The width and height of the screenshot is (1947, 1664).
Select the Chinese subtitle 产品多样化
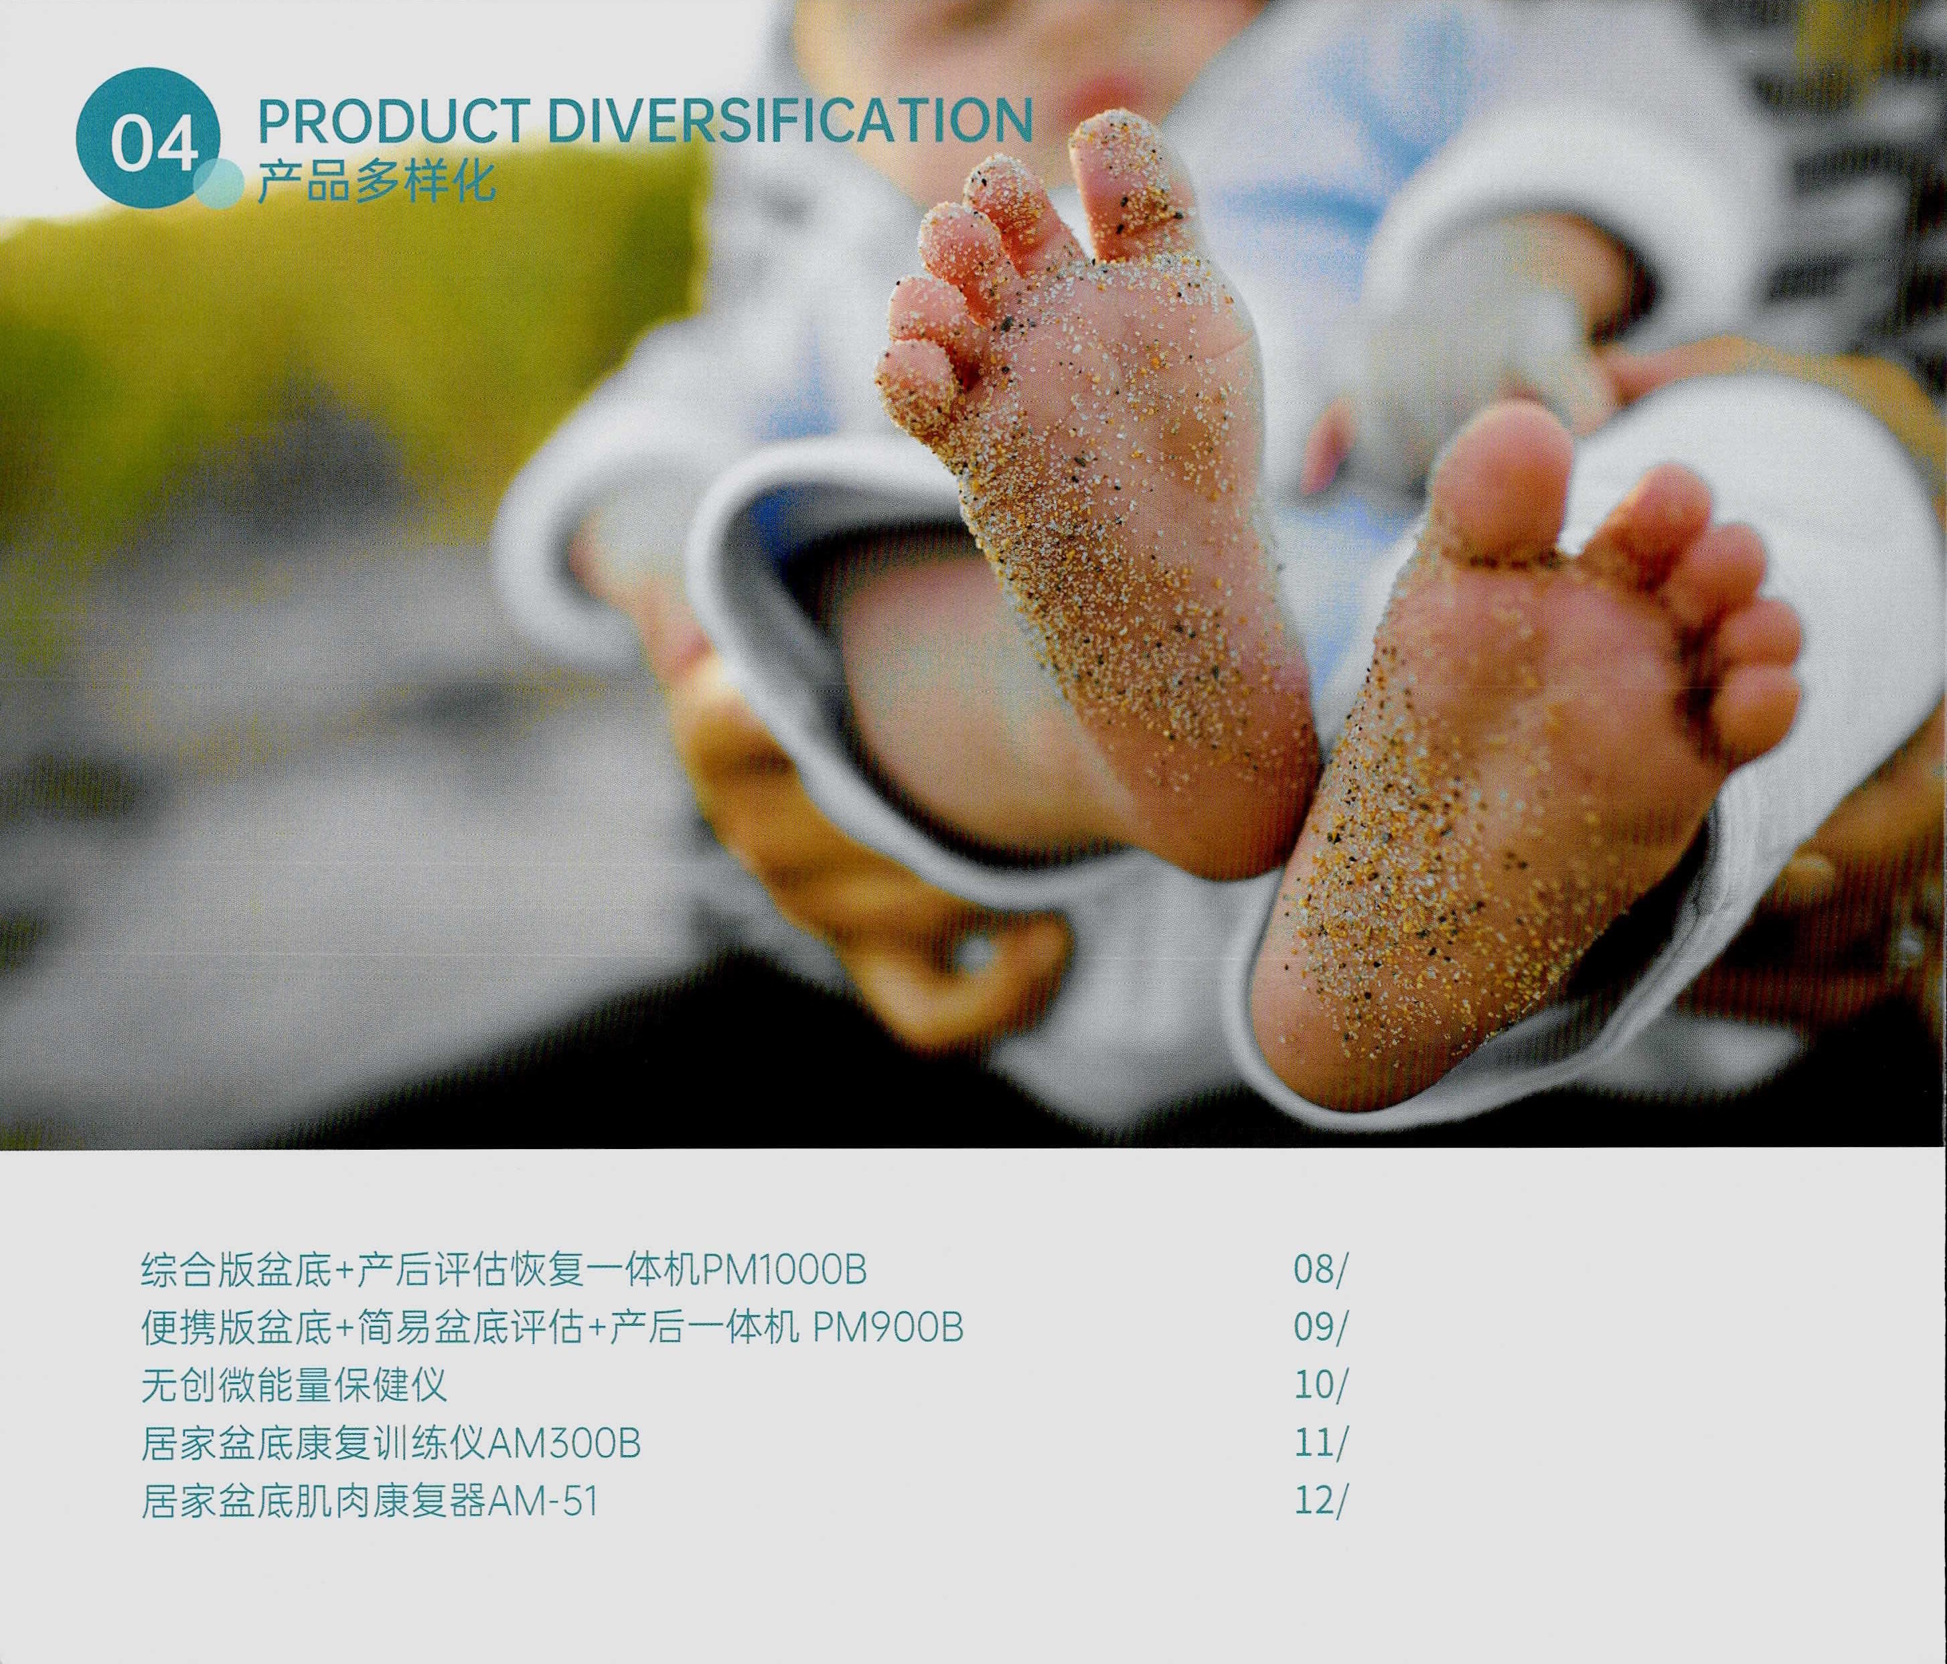(x=376, y=181)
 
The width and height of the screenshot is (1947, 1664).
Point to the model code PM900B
(x=887, y=1328)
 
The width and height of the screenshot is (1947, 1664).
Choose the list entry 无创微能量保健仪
(x=293, y=1385)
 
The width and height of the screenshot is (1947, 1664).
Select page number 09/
(x=1319, y=1328)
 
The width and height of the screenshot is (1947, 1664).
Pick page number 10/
(x=1319, y=1385)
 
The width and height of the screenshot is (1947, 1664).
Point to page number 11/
(x=1319, y=1443)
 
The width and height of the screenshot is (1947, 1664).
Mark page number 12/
(x=1319, y=1501)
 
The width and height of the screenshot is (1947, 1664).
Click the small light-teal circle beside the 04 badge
(x=219, y=183)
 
